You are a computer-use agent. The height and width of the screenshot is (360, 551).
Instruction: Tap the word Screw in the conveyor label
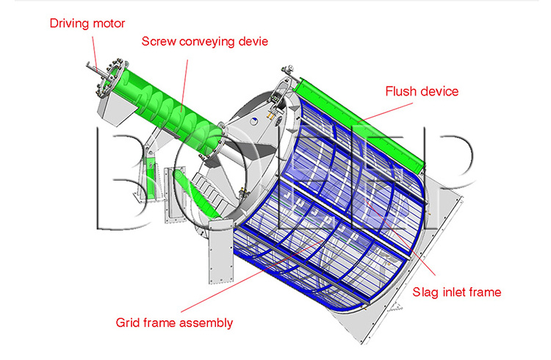[x=158, y=42]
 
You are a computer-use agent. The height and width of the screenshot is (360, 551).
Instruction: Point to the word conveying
[x=202, y=43]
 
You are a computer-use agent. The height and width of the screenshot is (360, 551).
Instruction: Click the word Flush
[x=402, y=92]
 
